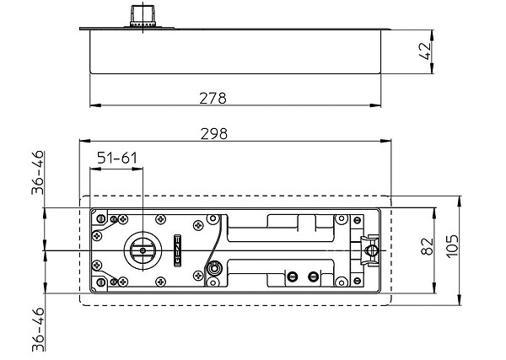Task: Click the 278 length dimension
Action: (x=213, y=99)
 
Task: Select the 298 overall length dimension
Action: (x=213, y=134)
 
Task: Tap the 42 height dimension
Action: (x=425, y=51)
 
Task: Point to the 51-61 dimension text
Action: (x=117, y=158)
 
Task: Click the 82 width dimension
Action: (x=428, y=246)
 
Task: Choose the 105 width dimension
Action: (x=452, y=246)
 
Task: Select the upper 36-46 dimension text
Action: (x=37, y=173)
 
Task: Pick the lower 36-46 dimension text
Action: (x=38, y=330)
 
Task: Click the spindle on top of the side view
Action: (x=143, y=16)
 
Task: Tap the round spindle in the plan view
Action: (x=141, y=250)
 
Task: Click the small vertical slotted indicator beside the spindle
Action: (x=177, y=250)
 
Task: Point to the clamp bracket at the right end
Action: (x=369, y=250)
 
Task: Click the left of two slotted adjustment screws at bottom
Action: (x=293, y=277)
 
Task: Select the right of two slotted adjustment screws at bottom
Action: (x=314, y=277)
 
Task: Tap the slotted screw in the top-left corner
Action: (x=100, y=219)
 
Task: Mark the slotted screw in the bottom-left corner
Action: (x=100, y=282)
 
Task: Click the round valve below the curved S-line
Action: (x=213, y=268)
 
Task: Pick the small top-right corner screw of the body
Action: (x=357, y=221)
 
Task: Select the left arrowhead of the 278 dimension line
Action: (x=95, y=105)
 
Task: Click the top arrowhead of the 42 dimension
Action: (x=432, y=35)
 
